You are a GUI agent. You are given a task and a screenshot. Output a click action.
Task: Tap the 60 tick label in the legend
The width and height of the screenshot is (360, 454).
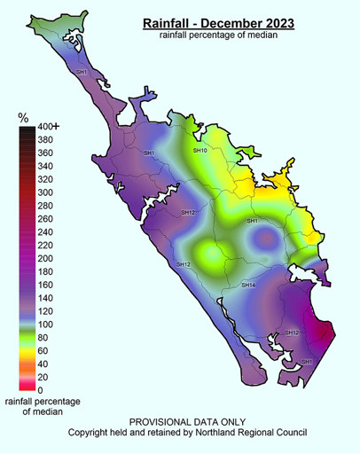(x=43, y=350)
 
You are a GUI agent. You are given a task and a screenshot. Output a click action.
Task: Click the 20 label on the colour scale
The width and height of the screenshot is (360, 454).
(x=43, y=376)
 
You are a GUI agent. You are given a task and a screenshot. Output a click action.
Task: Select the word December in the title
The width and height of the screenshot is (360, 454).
(x=230, y=21)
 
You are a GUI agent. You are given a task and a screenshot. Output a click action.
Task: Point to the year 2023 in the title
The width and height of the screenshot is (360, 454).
(x=282, y=21)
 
